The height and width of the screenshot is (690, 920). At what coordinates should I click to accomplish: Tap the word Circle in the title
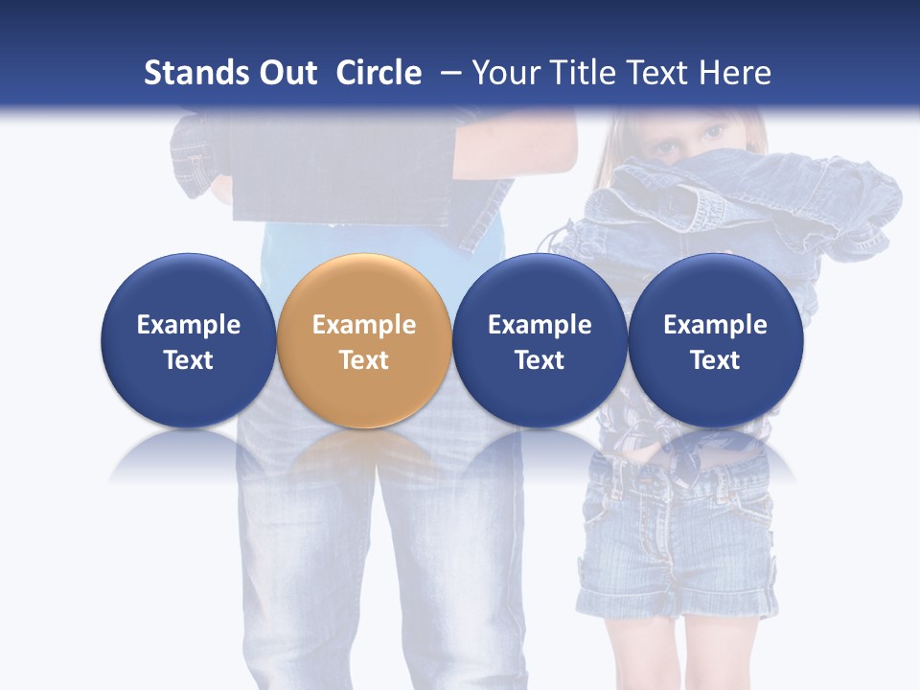[379, 73]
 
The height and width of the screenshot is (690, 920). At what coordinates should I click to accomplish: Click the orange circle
[364, 340]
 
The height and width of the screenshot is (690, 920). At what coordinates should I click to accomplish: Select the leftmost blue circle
[189, 340]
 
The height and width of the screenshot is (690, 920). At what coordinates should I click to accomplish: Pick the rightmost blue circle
[715, 340]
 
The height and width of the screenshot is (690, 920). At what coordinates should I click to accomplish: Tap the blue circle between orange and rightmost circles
[540, 340]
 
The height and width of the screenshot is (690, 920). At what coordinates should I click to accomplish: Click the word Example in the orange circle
[364, 325]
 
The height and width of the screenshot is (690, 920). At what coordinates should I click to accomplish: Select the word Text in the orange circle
[364, 360]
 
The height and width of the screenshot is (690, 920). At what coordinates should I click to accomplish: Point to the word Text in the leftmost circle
[189, 360]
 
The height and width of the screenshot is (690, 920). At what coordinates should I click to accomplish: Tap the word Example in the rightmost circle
[715, 325]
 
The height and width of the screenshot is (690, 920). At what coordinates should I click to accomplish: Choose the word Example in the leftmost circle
[189, 325]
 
